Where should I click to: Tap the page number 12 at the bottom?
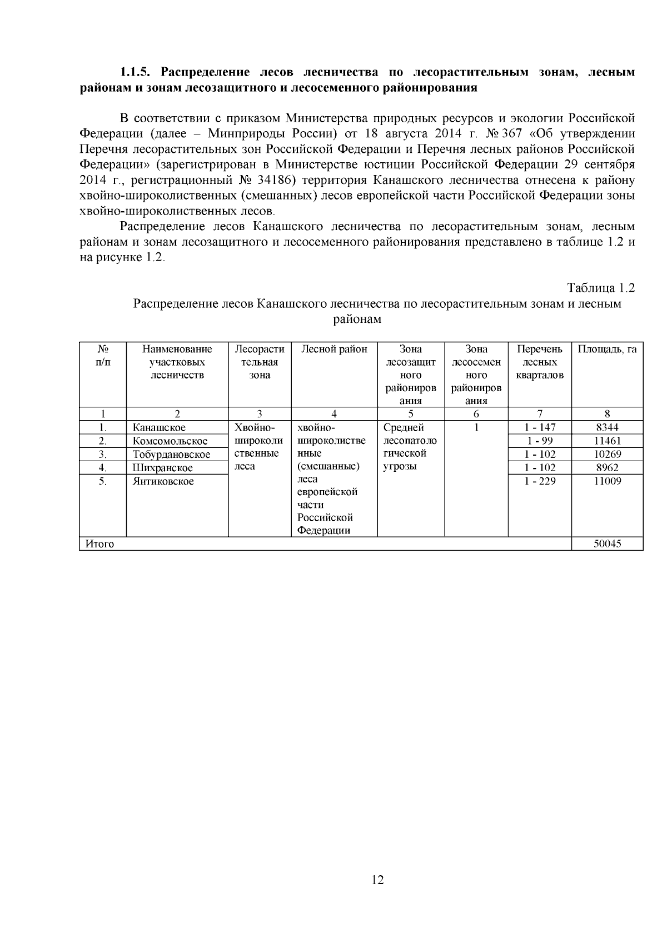(x=377, y=880)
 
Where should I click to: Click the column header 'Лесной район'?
(x=334, y=350)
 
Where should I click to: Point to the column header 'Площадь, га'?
(x=607, y=350)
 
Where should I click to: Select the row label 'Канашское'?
(x=159, y=428)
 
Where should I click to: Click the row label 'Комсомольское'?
(x=170, y=441)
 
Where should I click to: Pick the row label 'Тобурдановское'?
(x=171, y=455)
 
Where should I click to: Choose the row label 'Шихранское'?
(x=162, y=468)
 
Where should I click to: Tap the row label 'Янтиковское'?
(x=163, y=481)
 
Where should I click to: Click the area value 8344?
(x=607, y=427)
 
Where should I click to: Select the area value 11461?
(x=607, y=441)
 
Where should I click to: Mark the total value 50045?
(x=607, y=544)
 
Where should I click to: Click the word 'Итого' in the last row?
(x=99, y=544)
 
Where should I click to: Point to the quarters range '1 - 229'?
(x=540, y=481)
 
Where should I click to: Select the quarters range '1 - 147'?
(x=540, y=427)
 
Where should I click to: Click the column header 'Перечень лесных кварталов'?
(x=540, y=362)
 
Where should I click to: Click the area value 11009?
(x=607, y=481)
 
